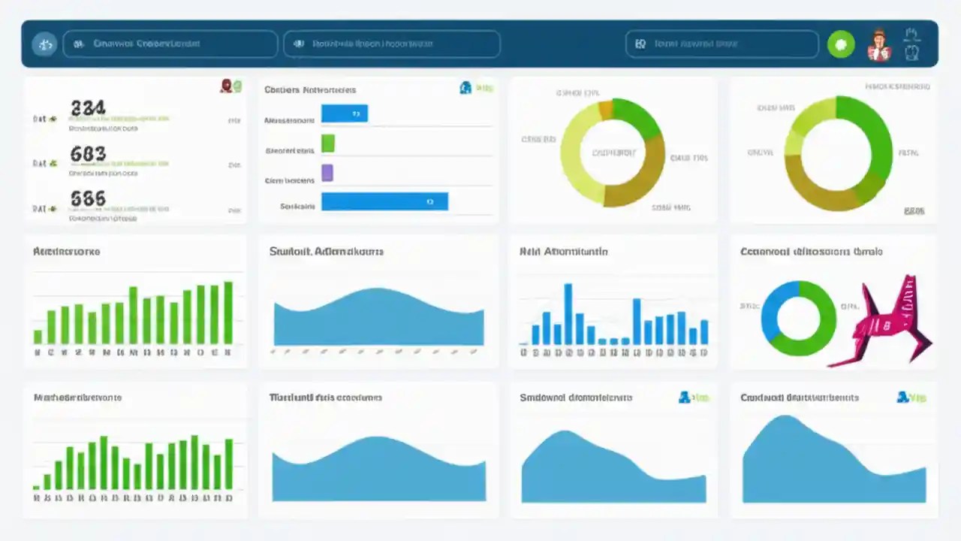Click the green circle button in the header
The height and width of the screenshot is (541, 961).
pos(841,44)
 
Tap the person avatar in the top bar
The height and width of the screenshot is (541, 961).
pos(878,45)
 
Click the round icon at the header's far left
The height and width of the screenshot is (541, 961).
pos(44,44)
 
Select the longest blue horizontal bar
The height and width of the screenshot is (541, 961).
pos(384,201)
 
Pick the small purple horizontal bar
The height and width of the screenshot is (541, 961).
pos(327,173)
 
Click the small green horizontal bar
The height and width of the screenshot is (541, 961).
pos(327,143)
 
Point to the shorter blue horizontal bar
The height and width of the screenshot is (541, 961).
pos(345,113)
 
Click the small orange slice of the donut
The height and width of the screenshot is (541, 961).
pos(605,110)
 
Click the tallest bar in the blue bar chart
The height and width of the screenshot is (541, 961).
pos(568,313)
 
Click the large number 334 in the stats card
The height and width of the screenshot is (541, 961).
pos(88,108)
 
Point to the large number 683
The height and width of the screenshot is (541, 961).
pos(88,154)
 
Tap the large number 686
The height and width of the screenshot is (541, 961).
pos(88,198)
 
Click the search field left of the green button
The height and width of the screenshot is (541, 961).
pos(722,44)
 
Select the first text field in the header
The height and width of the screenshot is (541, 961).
pos(170,44)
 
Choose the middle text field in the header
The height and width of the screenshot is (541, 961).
pos(392,44)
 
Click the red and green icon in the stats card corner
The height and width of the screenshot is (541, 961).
pos(231,86)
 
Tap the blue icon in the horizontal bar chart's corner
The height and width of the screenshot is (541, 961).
pos(465,88)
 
